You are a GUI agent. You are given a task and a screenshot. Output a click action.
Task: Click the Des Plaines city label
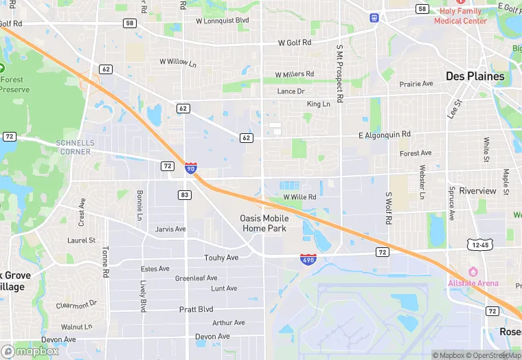[475, 76]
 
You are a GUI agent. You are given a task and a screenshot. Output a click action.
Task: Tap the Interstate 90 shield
[191, 168]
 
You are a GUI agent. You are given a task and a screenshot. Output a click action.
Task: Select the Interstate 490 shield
[308, 259]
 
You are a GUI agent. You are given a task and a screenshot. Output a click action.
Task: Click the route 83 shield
[184, 195]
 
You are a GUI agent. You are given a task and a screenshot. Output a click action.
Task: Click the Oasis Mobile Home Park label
[264, 223]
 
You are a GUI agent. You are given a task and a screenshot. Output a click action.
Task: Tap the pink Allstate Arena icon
[473, 271]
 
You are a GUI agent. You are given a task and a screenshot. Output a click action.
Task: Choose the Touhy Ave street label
[221, 258]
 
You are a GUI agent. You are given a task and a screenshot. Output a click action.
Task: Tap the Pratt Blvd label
[196, 309]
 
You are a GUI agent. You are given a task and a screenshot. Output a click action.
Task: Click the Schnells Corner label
[73, 147]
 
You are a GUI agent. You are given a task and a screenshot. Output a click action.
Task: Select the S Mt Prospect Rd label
[339, 74]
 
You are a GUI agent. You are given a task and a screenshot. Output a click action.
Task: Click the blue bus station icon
[374, 17]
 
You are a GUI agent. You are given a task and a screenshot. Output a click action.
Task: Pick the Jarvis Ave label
[170, 229]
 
